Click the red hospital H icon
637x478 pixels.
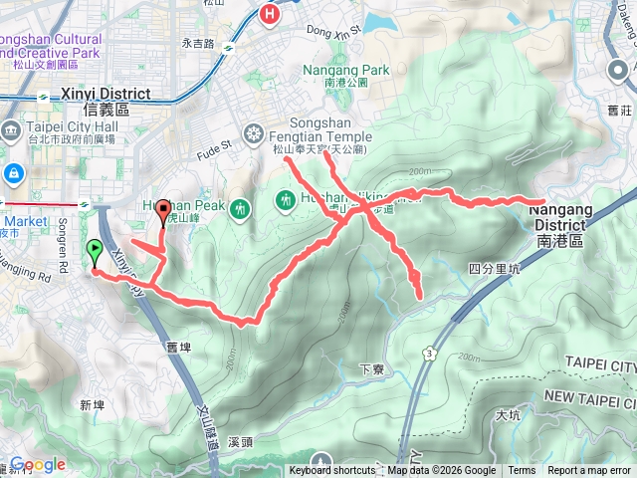(268, 14)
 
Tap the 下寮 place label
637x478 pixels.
(371, 368)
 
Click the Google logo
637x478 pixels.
(38, 465)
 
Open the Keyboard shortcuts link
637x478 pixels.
(332, 471)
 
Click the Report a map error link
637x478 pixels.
(589, 471)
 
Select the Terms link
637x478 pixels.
(522, 471)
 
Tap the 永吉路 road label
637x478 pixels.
(198, 44)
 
